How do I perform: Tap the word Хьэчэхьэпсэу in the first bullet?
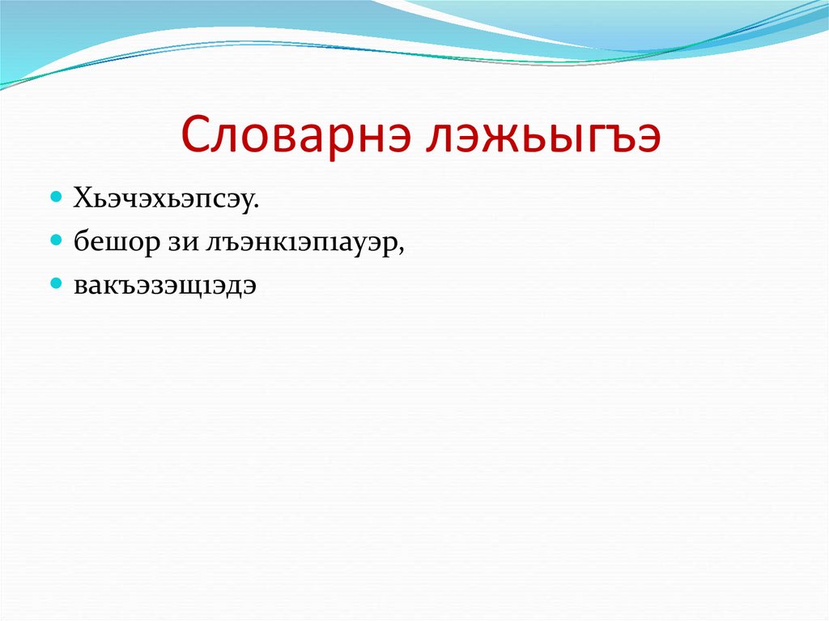click(x=166, y=199)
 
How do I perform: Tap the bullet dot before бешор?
click(x=56, y=241)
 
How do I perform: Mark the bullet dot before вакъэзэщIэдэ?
click(x=56, y=284)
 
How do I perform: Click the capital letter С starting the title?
click(x=197, y=138)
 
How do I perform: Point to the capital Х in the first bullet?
click(x=83, y=199)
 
